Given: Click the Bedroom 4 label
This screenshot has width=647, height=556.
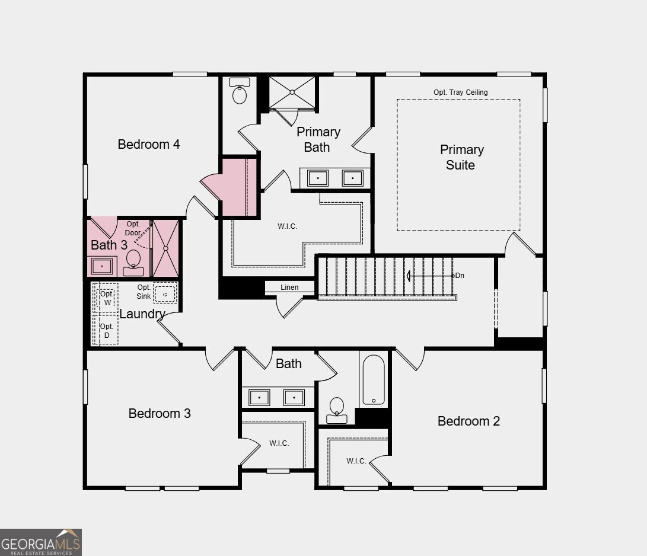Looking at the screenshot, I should pyautogui.click(x=149, y=144).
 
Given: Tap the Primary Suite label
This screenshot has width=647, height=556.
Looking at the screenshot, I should pyautogui.click(x=461, y=157).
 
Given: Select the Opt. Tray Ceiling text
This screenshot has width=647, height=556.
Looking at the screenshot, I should pyautogui.click(x=460, y=92).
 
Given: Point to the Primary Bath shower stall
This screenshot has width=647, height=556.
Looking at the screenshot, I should pyautogui.click(x=292, y=92).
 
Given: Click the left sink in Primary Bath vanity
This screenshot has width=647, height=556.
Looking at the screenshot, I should pyautogui.click(x=318, y=177).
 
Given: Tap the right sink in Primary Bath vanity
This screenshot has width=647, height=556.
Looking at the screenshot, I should pyautogui.click(x=353, y=177).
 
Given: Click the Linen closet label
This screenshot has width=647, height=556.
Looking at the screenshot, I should pyautogui.click(x=289, y=287).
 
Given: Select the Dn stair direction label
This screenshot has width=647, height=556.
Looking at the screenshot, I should pyautogui.click(x=460, y=276).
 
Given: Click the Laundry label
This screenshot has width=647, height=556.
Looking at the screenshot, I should pyautogui.click(x=142, y=314).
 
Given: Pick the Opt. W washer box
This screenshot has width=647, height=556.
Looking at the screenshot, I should pyautogui.click(x=107, y=298).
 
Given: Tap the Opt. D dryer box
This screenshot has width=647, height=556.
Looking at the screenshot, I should pyautogui.click(x=106, y=331).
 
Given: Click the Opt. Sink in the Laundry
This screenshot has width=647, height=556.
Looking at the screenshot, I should pyautogui.click(x=165, y=293).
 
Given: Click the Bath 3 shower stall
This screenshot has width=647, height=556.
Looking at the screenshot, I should pyautogui.click(x=165, y=248).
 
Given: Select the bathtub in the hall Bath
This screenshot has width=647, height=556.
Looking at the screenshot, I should pyautogui.click(x=374, y=379).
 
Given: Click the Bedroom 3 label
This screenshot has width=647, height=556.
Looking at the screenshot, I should pyautogui.click(x=160, y=413).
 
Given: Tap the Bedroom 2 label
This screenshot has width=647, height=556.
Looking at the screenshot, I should pyautogui.click(x=468, y=421).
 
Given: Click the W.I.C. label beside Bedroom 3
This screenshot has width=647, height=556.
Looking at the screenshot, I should pyautogui.click(x=279, y=443).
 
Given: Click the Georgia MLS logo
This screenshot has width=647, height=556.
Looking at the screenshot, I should pyautogui.click(x=41, y=542).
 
